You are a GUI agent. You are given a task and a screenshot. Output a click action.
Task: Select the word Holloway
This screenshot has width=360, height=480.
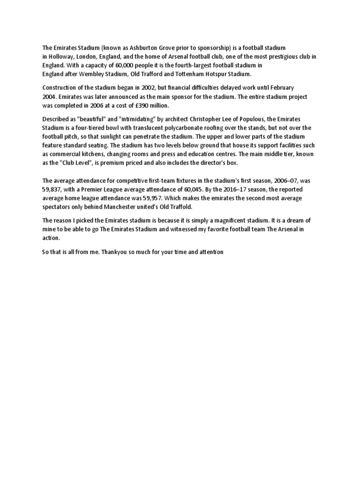coord(63,57)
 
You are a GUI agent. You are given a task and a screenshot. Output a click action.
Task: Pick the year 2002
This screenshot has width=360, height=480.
coord(152,88)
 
